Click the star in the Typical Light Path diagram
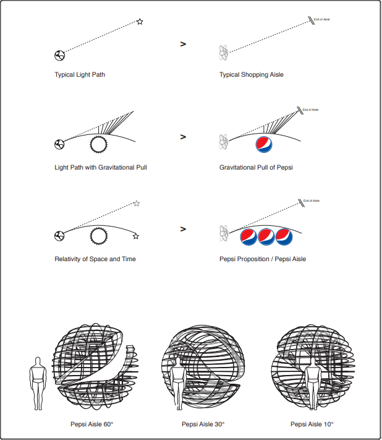(140, 22)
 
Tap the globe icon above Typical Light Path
(59, 55)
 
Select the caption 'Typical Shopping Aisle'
(252, 75)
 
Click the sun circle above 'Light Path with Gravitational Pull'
(98, 145)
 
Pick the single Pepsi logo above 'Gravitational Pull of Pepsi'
(264, 145)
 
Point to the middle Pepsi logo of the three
(266, 236)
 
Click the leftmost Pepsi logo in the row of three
(248, 236)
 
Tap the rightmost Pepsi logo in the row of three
(284, 236)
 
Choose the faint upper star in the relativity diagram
(137, 204)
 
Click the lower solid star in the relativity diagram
(136, 236)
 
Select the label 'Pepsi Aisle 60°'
(92, 424)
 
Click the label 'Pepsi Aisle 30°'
(203, 424)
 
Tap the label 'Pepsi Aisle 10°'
(312, 424)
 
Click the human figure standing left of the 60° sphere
(38, 383)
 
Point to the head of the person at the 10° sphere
(313, 362)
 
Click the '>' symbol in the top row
(183, 44)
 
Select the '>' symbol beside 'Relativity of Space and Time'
(183, 229)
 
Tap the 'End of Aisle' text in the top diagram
(322, 19)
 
